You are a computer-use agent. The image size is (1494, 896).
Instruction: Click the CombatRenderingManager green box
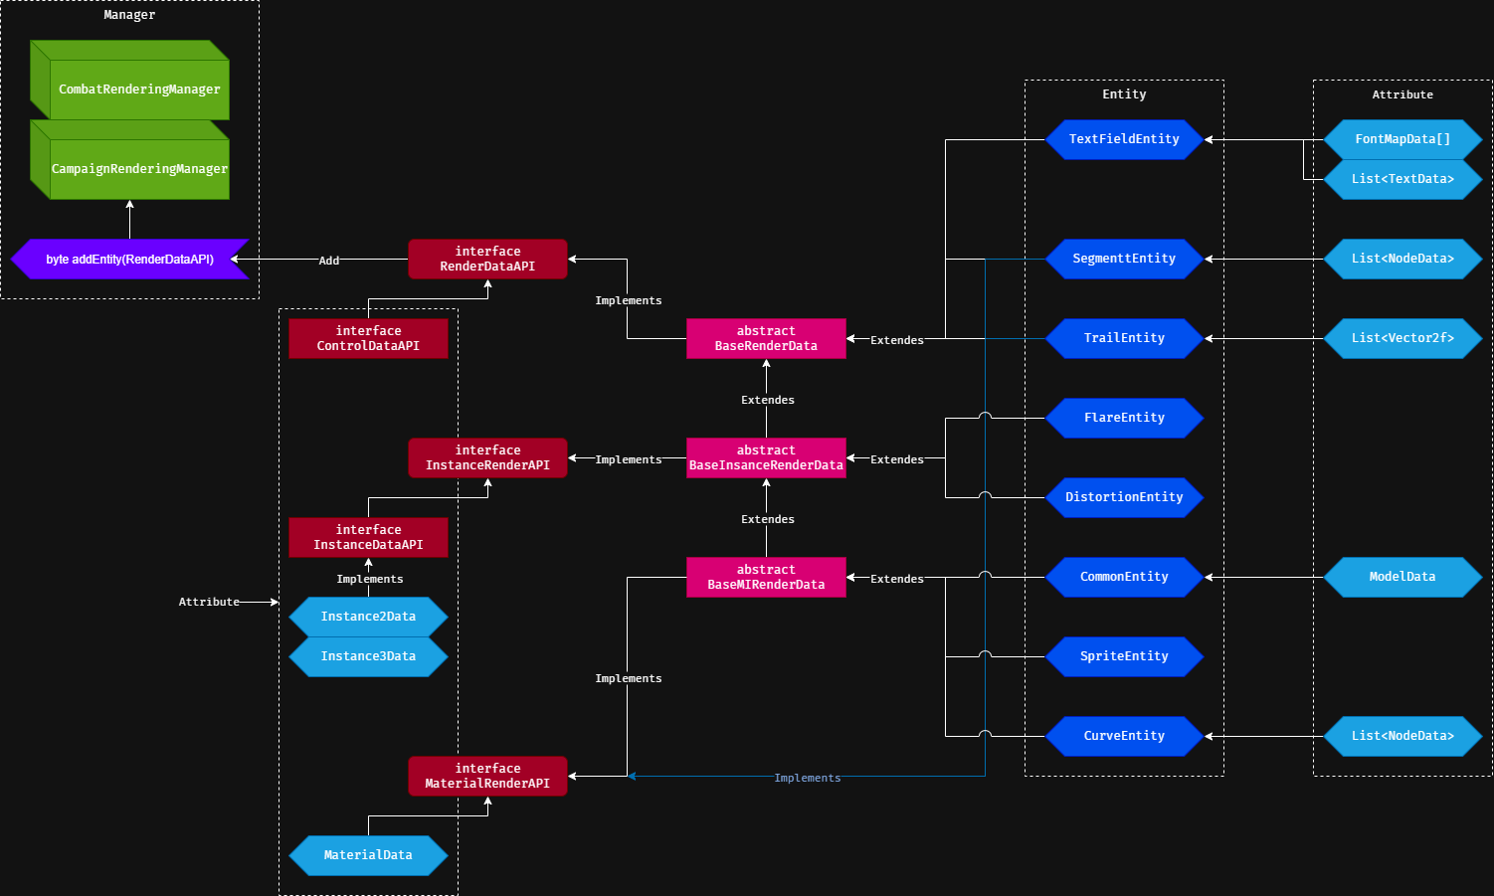tap(138, 90)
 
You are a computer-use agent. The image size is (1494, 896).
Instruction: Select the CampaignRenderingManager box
tap(138, 169)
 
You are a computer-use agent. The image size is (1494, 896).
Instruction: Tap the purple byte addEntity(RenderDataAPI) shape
tap(129, 260)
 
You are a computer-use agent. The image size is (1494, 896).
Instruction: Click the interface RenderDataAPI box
tap(487, 259)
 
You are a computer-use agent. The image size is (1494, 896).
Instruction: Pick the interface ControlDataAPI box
tap(368, 338)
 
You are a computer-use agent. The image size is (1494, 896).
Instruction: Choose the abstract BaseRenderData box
tap(766, 338)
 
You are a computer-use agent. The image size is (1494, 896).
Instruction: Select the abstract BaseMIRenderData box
tap(766, 577)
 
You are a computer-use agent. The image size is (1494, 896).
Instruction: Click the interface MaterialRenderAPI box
tap(487, 776)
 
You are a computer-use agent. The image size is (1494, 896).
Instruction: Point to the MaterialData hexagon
tap(368, 855)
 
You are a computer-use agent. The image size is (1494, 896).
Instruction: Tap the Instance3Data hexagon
tap(368, 656)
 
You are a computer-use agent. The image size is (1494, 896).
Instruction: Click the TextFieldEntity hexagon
tap(1124, 139)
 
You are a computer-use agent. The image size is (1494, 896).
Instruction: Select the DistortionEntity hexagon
tap(1124, 497)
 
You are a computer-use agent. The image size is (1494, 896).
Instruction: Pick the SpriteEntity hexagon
tap(1124, 656)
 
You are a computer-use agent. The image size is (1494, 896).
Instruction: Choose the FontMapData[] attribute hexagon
tap(1402, 139)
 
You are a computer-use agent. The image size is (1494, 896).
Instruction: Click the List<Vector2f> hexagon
tap(1402, 338)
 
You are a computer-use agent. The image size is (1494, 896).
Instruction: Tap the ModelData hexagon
tap(1402, 577)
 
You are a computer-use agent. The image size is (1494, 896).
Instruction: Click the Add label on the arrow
tap(329, 261)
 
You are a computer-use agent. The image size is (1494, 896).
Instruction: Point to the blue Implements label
tap(807, 778)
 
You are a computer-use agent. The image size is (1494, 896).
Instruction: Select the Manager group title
tap(129, 15)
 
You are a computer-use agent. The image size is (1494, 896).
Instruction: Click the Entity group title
tap(1124, 94)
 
